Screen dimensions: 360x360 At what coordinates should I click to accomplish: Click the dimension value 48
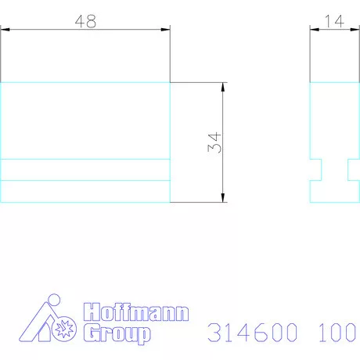tap(85, 21)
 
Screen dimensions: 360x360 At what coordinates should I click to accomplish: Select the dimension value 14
tap(334, 21)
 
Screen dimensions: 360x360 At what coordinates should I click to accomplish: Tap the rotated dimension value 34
tap(217, 142)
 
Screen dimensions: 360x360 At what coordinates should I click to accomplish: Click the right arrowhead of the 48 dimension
tap(165, 31)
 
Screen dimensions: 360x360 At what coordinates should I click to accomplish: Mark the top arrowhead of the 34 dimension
tap(224, 86)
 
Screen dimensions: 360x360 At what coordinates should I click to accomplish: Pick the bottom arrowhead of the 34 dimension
tap(224, 198)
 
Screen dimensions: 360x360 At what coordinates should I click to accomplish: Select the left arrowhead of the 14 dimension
tap(314, 31)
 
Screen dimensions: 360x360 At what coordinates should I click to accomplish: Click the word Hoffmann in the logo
tap(135, 312)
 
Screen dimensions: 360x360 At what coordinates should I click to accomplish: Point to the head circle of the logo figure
tap(52, 302)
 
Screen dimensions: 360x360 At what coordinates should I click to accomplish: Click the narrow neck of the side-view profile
tap(334, 170)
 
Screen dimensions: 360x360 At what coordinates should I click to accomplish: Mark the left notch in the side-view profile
tap(317, 170)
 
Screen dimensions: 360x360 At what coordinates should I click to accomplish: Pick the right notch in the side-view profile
tap(351, 170)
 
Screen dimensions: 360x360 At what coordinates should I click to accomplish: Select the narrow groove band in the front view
tap(85, 170)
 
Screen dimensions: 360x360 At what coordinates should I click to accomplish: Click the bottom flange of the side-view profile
tap(334, 192)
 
